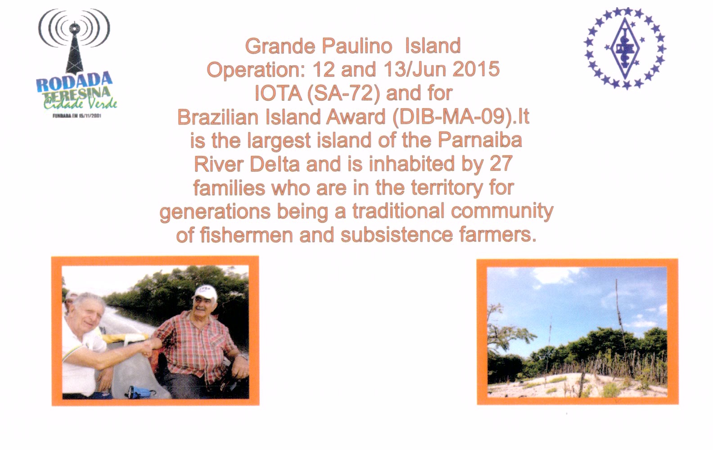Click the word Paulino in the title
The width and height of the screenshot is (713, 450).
click(356, 46)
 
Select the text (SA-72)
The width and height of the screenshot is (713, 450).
click(343, 93)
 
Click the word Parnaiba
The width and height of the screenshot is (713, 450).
click(480, 140)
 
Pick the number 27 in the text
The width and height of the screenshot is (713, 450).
click(501, 164)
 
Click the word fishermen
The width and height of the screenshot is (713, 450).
click(246, 235)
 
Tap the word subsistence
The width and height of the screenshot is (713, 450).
click(397, 235)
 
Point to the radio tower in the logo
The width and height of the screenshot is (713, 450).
click(74, 48)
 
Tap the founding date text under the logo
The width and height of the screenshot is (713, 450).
click(77, 116)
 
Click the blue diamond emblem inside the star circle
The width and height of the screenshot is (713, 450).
click(624, 48)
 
